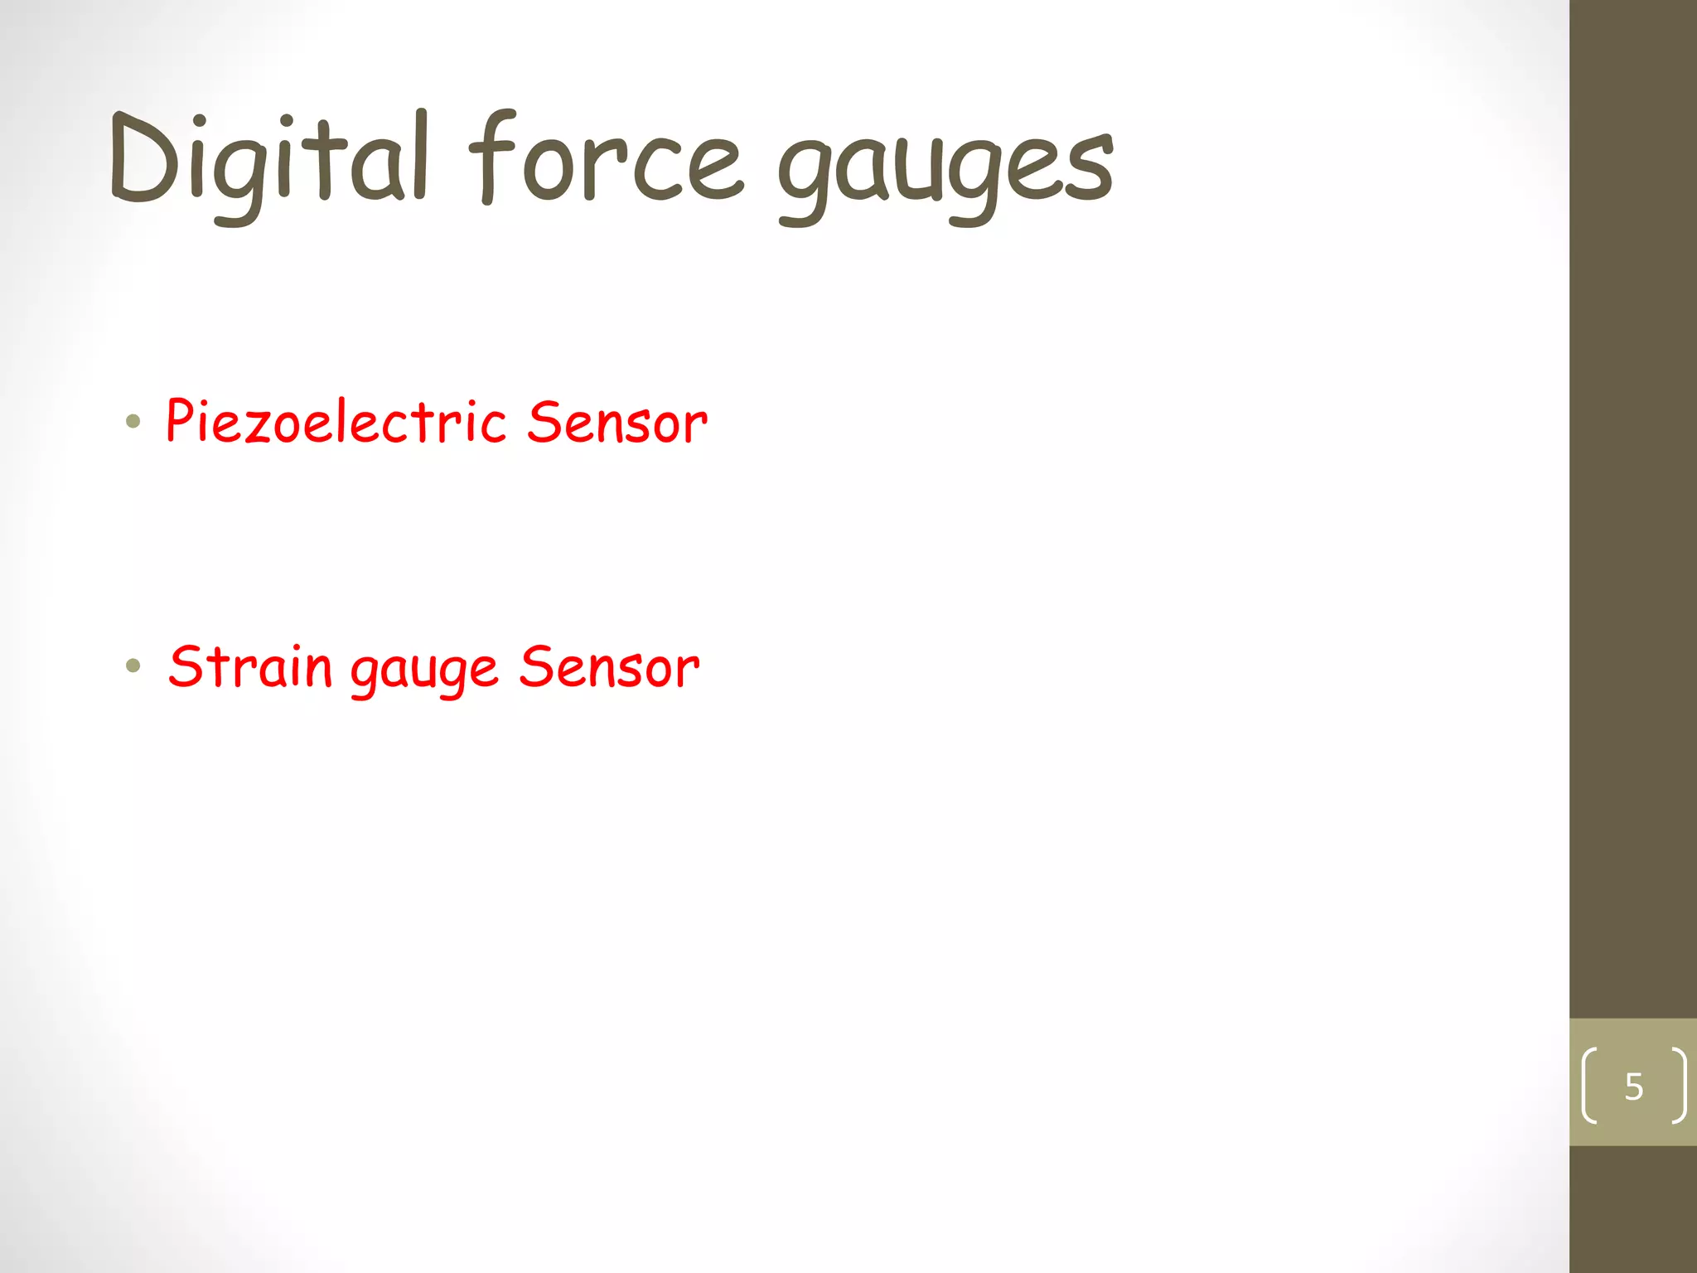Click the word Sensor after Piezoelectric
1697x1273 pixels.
click(x=617, y=423)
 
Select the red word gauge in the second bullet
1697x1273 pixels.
click(x=424, y=671)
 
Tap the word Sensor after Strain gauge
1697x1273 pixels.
click(x=609, y=667)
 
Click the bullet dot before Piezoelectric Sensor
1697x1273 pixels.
click(x=133, y=422)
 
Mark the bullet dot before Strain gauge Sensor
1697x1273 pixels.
click(x=133, y=666)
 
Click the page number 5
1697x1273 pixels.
click(x=1633, y=1086)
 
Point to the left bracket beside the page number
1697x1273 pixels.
click(x=1588, y=1086)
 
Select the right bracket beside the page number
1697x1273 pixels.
click(x=1679, y=1086)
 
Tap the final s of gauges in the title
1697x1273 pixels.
click(x=1090, y=170)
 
